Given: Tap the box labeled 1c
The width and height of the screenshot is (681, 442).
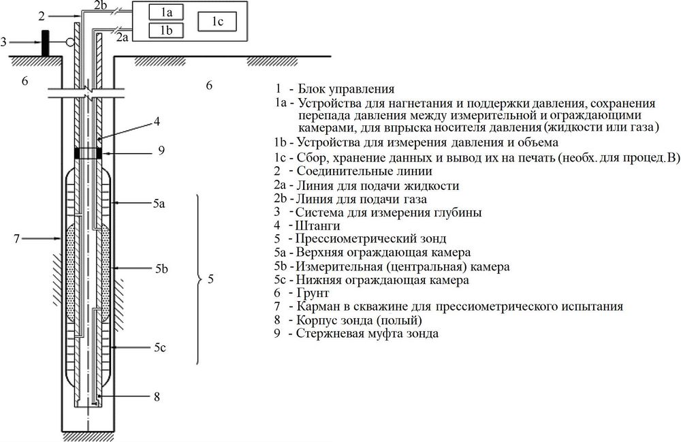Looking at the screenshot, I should (217, 22).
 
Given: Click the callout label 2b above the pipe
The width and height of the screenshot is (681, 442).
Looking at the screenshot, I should (100, 5).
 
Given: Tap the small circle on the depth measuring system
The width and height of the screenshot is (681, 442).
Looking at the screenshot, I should (69, 43).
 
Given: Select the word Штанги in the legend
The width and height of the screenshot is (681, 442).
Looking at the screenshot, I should (319, 225).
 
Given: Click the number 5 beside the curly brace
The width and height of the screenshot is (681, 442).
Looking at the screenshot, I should (210, 279).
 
